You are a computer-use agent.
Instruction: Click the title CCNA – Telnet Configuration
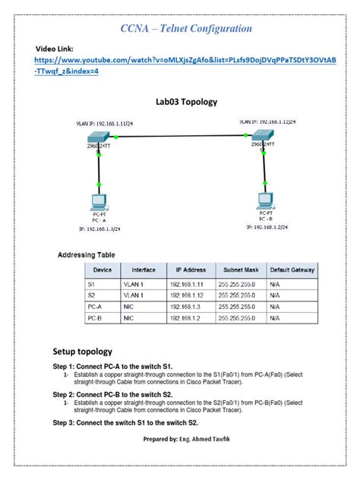(186, 28)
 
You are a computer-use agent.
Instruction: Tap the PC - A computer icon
(98, 203)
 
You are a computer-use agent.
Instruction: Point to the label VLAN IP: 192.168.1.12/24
(267, 121)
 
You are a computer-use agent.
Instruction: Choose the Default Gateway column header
(292, 270)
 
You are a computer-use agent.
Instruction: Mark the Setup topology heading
(83, 352)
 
